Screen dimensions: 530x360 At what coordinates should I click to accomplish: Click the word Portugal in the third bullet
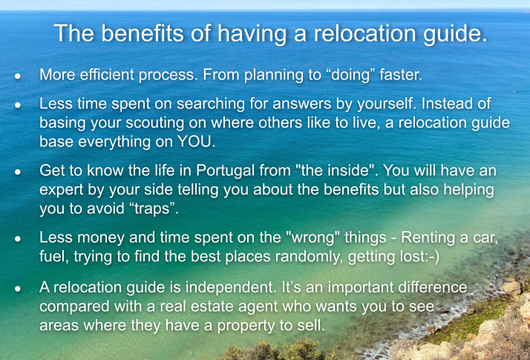point(225,171)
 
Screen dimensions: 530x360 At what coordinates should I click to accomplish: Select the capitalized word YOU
point(195,142)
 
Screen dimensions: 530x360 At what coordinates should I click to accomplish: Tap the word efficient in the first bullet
point(107,75)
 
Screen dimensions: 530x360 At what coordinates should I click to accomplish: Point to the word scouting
point(155,123)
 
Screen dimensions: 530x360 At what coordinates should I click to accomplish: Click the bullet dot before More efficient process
point(18,76)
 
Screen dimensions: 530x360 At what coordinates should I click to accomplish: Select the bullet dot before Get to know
point(18,172)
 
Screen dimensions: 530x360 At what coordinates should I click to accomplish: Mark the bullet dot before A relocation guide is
point(18,289)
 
